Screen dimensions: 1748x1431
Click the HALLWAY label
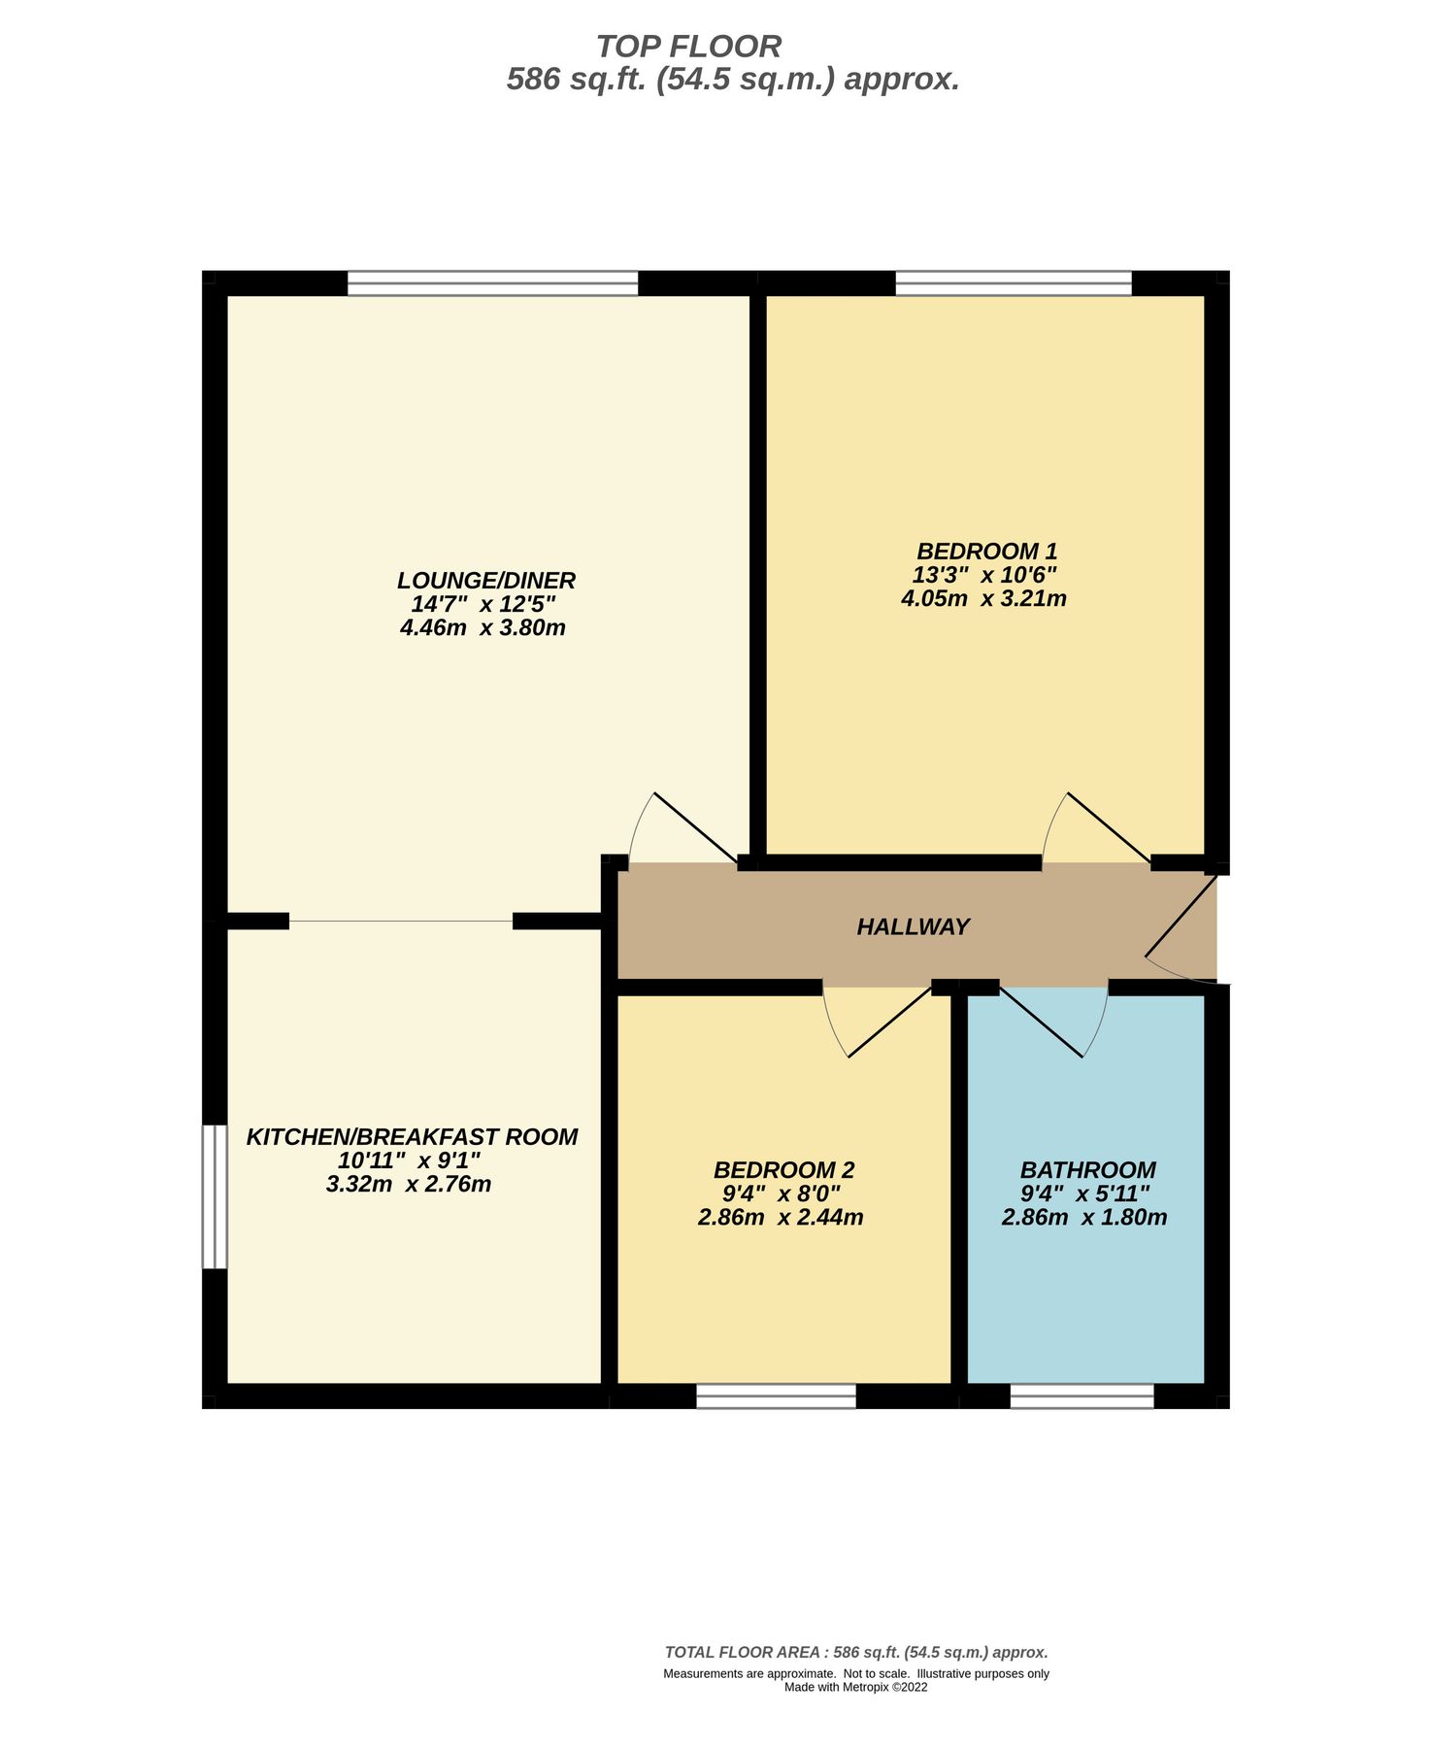click(913, 926)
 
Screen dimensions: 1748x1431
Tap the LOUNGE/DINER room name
click(485, 581)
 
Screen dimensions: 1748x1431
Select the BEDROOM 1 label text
click(986, 551)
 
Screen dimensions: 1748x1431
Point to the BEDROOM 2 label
click(783, 1170)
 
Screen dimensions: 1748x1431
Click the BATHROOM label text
click(1087, 1170)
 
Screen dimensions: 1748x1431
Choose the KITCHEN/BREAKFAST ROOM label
click(412, 1136)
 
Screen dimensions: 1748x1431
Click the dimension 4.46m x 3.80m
click(483, 627)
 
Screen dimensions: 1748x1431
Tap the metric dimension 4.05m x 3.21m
click(983, 598)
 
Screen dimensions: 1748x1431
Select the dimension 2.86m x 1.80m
click(1083, 1217)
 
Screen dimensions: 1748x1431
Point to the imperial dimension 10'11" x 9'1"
click(409, 1160)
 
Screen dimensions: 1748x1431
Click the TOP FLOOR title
click(688, 47)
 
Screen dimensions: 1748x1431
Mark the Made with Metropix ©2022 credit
click(855, 1687)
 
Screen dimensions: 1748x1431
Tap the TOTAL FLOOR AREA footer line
click(855, 1652)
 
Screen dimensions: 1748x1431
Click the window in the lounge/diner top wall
click(492, 284)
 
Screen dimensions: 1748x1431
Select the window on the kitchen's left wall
click(214, 1196)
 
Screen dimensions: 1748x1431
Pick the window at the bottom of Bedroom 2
click(776, 1396)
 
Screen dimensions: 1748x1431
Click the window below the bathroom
click(1082, 1396)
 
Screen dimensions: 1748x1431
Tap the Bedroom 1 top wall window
click(1013, 284)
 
